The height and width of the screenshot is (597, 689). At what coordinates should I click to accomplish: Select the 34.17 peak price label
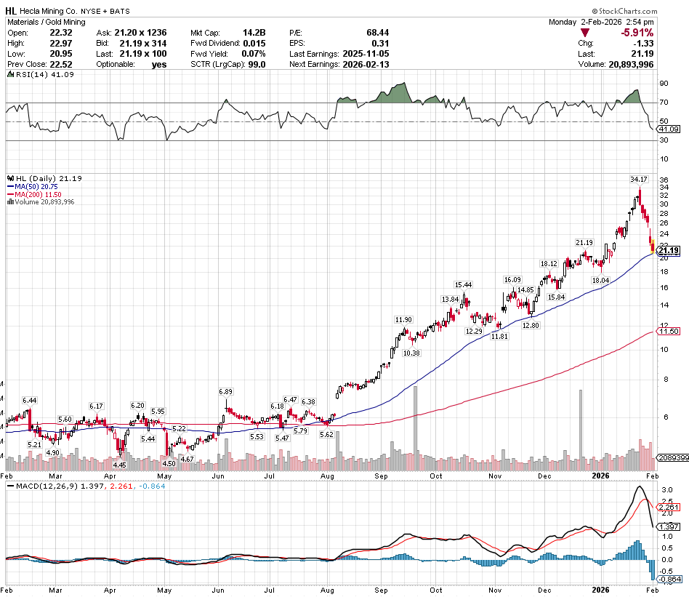click(x=638, y=178)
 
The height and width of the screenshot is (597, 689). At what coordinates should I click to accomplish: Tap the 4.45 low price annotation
click(x=120, y=465)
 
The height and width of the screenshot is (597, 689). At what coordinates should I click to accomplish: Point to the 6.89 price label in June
click(x=225, y=392)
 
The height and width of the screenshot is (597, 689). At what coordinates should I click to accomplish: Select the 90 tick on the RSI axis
click(x=664, y=84)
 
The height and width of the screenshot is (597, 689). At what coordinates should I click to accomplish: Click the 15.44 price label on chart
click(x=464, y=284)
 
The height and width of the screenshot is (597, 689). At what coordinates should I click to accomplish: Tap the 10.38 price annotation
click(x=411, y=353)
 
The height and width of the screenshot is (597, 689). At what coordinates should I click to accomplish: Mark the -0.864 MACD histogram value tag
click(x=669, y=578)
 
